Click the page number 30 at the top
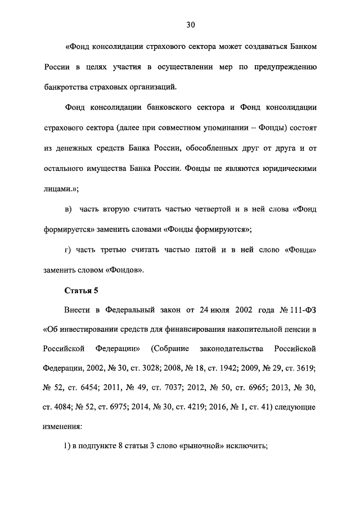pos(190,25)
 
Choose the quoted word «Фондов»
pos(124,270)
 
